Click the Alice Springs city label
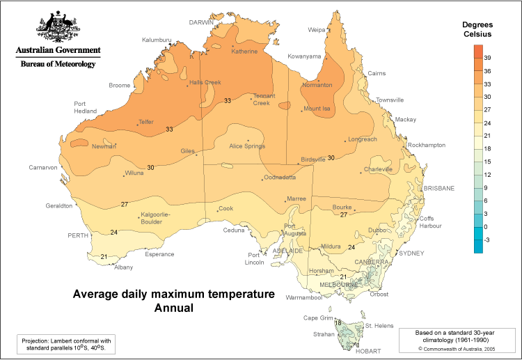(246, 146)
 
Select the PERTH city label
(77, 236)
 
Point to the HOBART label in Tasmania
(368, 352)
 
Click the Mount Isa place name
(317, 109)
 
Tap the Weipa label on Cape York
(317, 30)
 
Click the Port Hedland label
(85, 107)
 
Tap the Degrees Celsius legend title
(477, 29)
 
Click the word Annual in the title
(173, 307)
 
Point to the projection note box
(65, 344)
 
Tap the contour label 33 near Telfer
(169, 129)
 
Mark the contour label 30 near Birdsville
(331, 158)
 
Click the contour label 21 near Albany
(104, 257)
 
